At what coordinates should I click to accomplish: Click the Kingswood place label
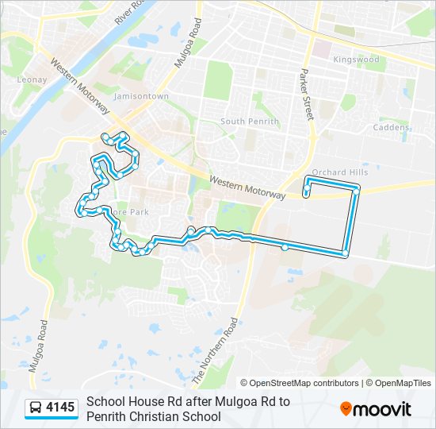pyautogui.click(x=356, y=60)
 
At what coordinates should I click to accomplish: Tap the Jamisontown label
pyautogui.click(x=141, y=96)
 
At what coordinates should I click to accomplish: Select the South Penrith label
pyautogui.click(x=250, y=122)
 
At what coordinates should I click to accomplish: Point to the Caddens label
pyautogui.click(x=393, y=127)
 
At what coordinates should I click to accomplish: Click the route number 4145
pyautogui.click(x=60, y=408)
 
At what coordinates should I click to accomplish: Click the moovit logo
pyautogui.click(x=376, y=409)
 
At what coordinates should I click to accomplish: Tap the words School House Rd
pyautogui.click(x=128, y=402)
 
